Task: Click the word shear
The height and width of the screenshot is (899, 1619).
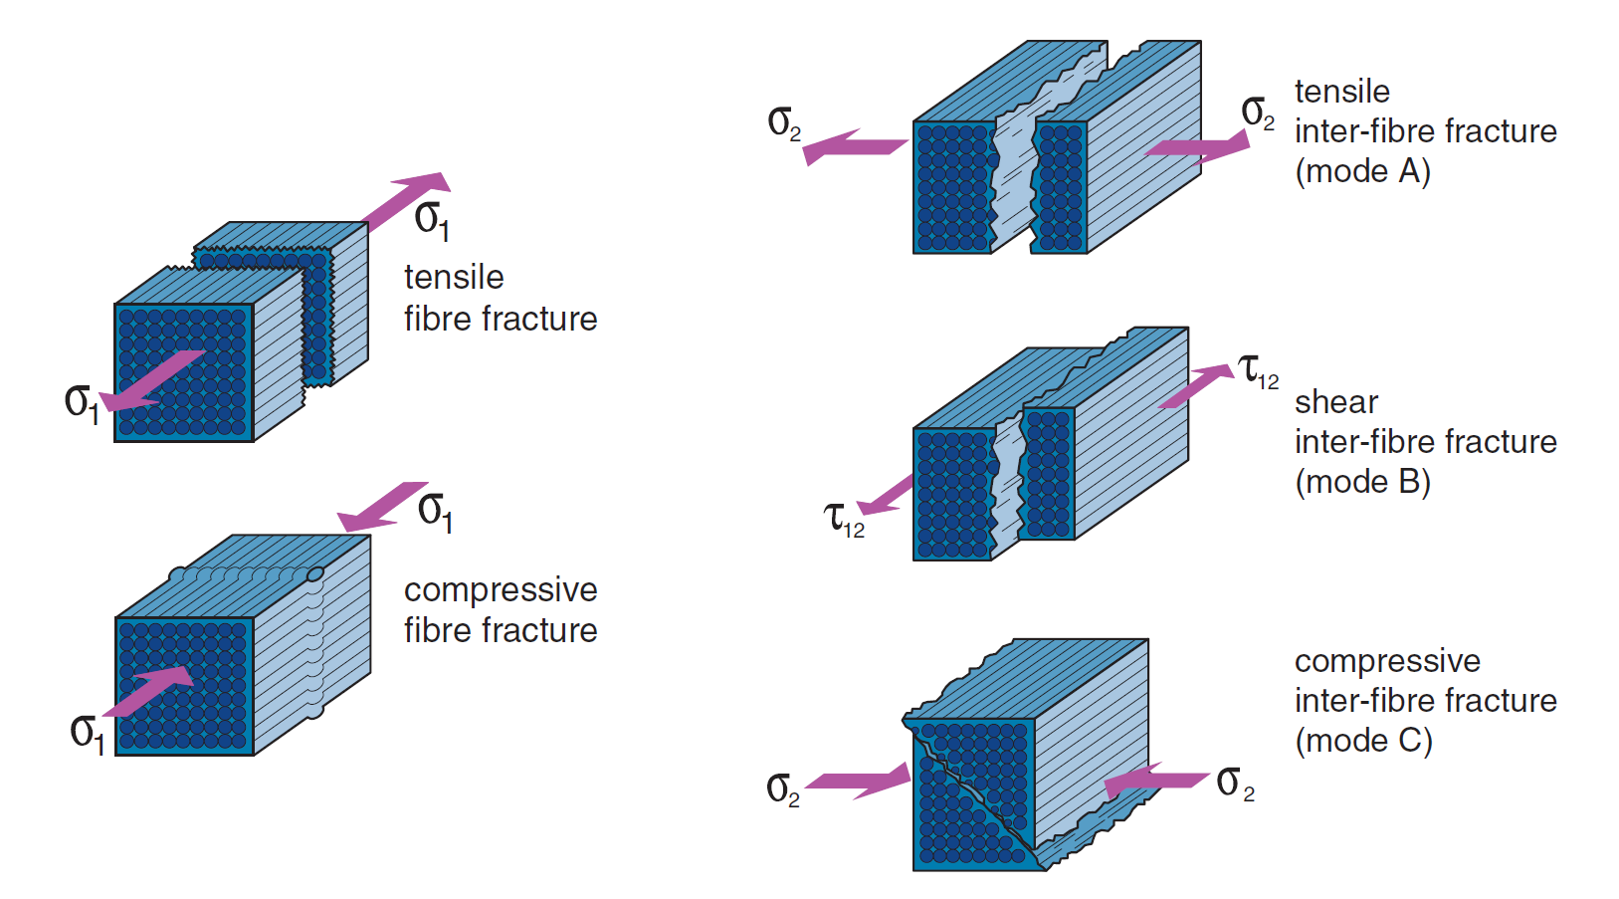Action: (1335, 402)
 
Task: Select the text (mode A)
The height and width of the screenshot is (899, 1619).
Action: (1362, 171)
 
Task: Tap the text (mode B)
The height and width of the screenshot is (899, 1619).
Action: (1362, 482)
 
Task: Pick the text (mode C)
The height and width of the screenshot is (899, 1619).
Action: (1362, 741)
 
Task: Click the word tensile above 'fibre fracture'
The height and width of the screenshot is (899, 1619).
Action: (454, 277)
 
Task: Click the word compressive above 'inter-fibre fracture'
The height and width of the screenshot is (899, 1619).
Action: (1387, 661)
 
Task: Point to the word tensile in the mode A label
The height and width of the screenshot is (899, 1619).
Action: (1341, 92)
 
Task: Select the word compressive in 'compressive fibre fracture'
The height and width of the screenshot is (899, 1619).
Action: (501, 589)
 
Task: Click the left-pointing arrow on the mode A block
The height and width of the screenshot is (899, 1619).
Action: (854, 147)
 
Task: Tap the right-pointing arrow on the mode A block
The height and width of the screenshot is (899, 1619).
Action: (1198, 147)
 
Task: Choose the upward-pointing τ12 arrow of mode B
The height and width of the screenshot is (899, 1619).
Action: (1196, 385)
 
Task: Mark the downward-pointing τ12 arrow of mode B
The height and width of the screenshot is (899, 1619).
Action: (886, 496)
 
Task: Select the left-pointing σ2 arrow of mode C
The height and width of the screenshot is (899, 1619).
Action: (1154, 781)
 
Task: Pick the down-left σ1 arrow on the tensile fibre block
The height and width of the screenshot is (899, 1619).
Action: (154, 381)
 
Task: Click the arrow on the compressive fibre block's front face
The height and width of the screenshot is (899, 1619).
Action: (149, 690)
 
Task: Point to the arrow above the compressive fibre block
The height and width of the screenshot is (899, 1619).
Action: (382, 506)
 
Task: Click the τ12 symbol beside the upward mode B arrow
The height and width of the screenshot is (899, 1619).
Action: (1257, 370)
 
